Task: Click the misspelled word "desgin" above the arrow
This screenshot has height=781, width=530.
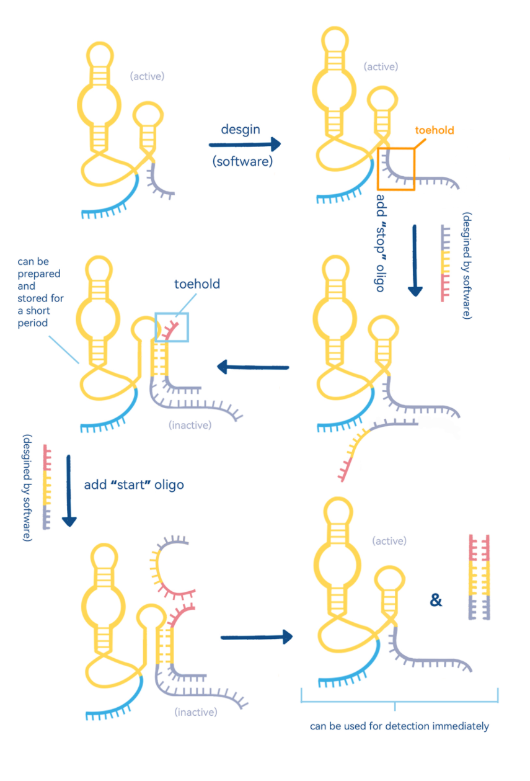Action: point(241,130)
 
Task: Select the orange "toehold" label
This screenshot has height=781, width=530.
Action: point(435,130)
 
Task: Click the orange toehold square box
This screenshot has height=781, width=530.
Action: point(395,169)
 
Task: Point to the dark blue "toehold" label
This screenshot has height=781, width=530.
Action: point(197,285)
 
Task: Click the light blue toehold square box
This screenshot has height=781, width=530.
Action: point(172,327)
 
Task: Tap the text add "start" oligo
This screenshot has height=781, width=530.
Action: point(134,484)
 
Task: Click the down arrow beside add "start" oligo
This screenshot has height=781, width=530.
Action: point(69,491)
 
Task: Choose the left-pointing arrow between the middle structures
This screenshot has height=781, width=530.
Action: point(253,367)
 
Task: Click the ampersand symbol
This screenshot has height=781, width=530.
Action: point(436,600)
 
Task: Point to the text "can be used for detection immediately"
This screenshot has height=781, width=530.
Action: point(399,726)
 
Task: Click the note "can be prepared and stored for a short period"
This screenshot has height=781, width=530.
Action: point(41,292)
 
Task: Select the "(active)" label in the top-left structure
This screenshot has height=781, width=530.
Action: point(147,76)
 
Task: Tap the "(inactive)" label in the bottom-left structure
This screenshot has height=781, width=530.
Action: point(196,712)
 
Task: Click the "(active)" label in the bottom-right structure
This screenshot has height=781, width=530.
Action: point(389,541)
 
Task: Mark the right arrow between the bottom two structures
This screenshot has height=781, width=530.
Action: point(256,636)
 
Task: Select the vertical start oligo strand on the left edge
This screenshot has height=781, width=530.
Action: point(46,487)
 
